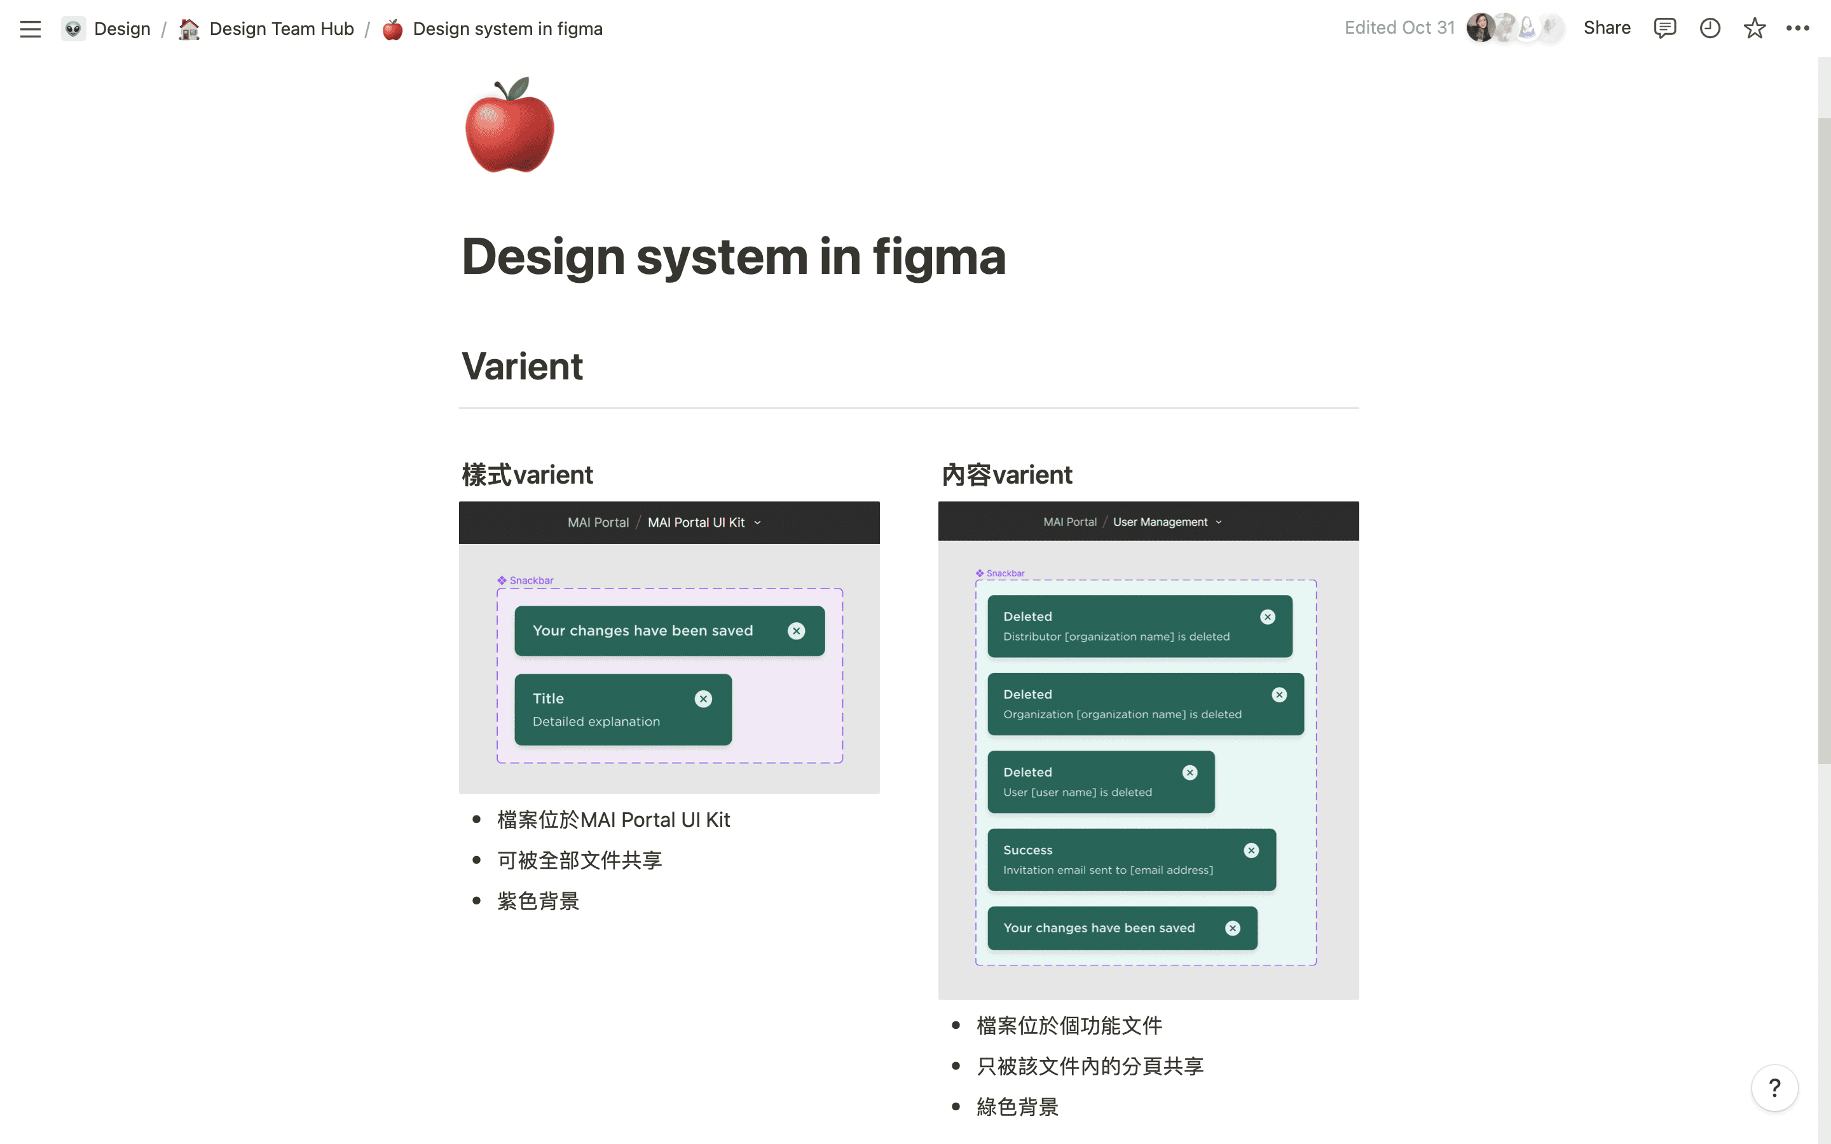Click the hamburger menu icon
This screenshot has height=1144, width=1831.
point(31,29)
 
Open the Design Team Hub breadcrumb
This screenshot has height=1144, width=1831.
point(281,29)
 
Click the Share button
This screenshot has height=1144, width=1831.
point(1607,28)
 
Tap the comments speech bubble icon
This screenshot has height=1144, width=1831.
point(1664,28)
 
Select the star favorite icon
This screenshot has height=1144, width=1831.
point(1755,28)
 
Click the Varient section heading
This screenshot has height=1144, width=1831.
point(522,366)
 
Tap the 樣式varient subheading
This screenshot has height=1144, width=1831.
point(527,474)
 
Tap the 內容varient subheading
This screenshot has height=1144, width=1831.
point(1006,474)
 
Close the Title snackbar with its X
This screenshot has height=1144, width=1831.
point(704,698)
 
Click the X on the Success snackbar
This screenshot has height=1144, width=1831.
point(1251,850)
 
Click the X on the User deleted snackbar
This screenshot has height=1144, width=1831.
point(1190,772)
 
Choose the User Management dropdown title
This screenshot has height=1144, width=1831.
point(1161,522)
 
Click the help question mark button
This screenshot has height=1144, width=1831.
point(1774,1088)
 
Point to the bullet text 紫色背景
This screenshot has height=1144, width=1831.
point(538,901)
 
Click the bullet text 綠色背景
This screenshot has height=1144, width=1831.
point(1017,1107)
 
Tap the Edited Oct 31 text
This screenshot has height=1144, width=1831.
point(1399,28)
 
